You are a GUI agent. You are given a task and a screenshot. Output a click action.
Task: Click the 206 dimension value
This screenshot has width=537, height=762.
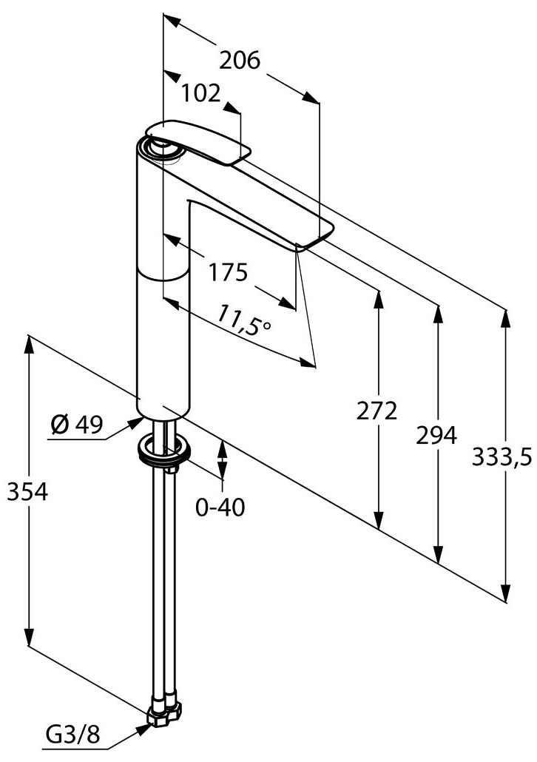pos(240,61)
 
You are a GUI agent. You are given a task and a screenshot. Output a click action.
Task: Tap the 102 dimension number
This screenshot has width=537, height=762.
pos(201,93)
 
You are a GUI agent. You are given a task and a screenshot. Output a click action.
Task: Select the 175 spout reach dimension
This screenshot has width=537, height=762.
pos(228,272)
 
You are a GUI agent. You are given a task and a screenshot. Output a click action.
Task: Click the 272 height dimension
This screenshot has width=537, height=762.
pos(376,411)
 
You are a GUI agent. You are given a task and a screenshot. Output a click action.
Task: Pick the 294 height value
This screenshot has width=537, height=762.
pos(436,436)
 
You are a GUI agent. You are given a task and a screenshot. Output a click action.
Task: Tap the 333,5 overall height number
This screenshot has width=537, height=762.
pos(502,457)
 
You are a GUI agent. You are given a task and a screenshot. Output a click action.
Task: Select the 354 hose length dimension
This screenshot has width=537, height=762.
pos(27,492)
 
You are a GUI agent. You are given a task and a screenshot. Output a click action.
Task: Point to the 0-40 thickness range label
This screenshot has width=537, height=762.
pos(220,508)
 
